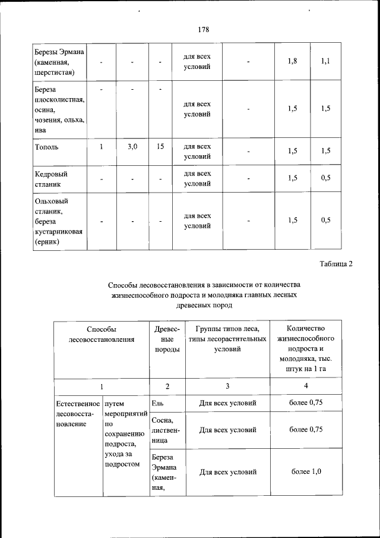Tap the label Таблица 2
click(x=336, y=264)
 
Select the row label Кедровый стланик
click(x=51, y=179)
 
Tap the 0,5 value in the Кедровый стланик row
click(x=325, y=179)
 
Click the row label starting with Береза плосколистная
click(x=59, y=109)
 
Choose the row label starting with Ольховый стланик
click(x=58, y=221)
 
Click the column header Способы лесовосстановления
click(x=101, y=334)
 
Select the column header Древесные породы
click(x=167, y=339)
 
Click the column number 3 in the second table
click(x=226, y=386)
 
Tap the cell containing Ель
click(x=157, y=403)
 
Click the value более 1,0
click(x=306, y=472)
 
